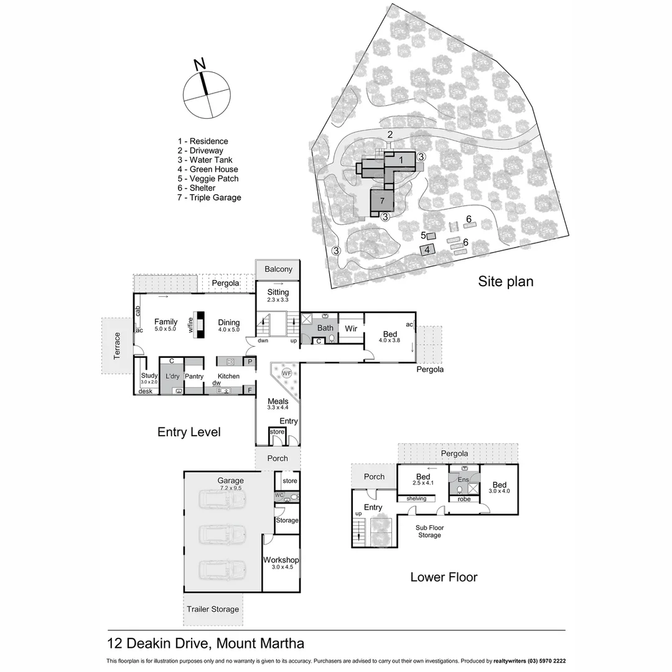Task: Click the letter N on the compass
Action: click(x=200, y=64)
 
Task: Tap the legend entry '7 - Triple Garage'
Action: click(x=209, y=197)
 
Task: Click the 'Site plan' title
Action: click(x=505, y=281)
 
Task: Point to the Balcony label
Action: click(x=278, y=269)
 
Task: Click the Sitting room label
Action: click(x=278, y=292)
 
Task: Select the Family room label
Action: click(x=166, y=322)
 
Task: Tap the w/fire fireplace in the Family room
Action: click(x=200, y=325)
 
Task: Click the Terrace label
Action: click(x=116, y=345)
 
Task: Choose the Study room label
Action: click(x=149, y=375)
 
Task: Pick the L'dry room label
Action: click(x=172, y=376)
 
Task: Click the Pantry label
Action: click(x=194, y=376)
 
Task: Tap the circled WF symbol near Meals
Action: click(x=286, y=373)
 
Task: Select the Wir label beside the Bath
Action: click(x=351, y=328)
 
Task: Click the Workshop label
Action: click(x=281, y=560)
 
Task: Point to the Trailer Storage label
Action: click(x=213, y=609)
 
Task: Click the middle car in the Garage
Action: click(x=222, y=533)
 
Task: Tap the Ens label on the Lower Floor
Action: click(x=463, y=480)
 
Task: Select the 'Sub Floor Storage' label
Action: click(x=429, y=531)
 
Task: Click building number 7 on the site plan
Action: click(x=383, y=201)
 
